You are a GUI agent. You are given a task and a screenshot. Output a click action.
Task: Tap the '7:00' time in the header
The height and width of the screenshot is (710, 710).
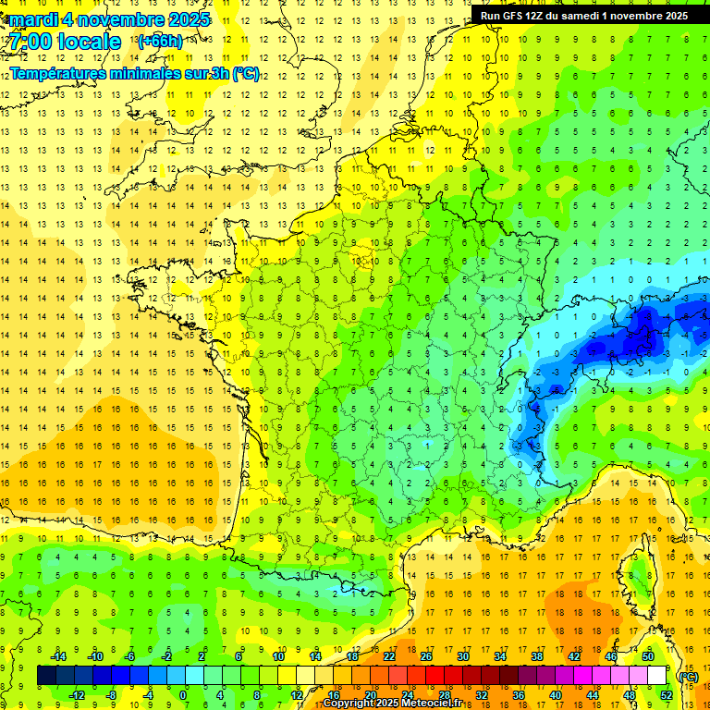coord(28,42)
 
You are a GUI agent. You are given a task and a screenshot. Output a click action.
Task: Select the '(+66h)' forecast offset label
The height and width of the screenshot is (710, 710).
coord(159,42)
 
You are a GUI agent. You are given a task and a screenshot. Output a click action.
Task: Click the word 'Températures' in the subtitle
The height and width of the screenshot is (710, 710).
coord(61,73)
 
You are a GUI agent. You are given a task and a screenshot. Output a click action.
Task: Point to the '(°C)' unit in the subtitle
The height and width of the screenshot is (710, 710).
coord(245,73)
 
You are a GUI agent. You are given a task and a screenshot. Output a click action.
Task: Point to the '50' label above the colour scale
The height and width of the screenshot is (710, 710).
coord(647,656)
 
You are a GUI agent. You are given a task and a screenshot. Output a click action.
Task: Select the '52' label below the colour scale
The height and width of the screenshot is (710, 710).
coord(666,695)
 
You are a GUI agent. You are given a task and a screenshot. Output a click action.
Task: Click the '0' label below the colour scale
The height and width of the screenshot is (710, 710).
coord(183,695)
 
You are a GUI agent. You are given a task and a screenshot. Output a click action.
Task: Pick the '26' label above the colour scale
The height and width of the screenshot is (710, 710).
coord(425,656)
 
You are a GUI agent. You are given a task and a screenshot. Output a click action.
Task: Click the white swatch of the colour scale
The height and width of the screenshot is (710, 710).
coord(656,676)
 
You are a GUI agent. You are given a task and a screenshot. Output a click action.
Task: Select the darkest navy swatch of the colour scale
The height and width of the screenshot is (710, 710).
coord(46,676)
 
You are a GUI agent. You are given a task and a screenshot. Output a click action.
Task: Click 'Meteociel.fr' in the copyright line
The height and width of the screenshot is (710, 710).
coord(431,704)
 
